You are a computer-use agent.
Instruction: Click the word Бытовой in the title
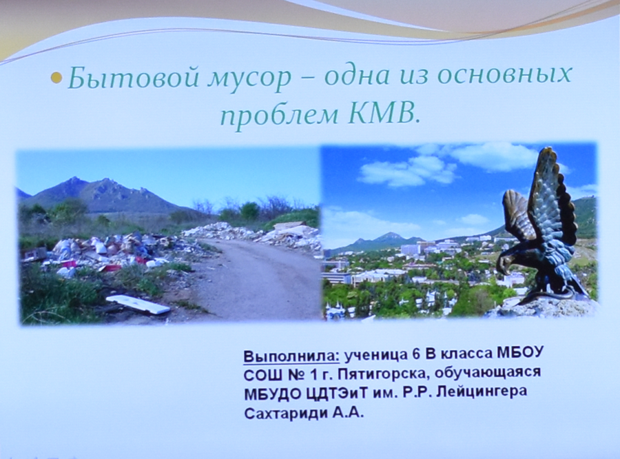[x=133, y=76]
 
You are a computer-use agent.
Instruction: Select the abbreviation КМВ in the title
[x=382, y=116]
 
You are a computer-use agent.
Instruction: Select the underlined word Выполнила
[x=291, y=356]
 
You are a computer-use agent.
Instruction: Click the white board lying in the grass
[x=138, y=304]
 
